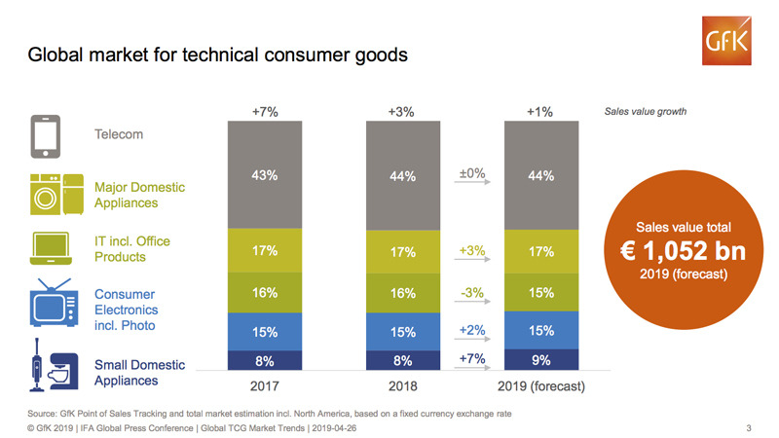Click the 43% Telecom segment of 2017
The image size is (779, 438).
(x=265, y=176)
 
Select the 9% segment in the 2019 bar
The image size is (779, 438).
(x=540, y=360)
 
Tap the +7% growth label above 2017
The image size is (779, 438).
(x=265, y=112)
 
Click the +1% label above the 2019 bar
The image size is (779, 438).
(x=540, y=112)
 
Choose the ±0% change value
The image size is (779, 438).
(x=471, y=174)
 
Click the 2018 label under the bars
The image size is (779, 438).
(x=402, y=386)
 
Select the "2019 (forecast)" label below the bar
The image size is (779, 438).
(x=541, y=386)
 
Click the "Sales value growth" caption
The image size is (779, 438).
(x=646, y=112)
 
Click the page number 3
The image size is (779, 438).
(x=748, y=426)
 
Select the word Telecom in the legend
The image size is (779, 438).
(x=119, y=133)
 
